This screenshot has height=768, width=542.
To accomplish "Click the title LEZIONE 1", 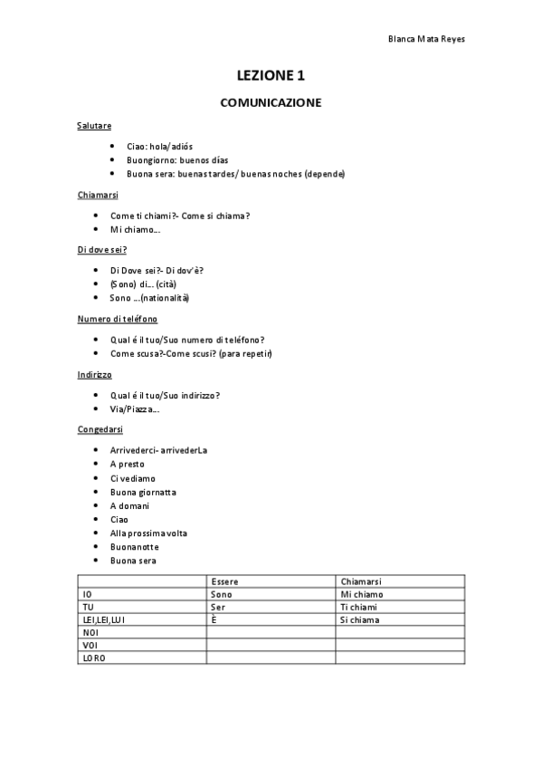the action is point(271,76).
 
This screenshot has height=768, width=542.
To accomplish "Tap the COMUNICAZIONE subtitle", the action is point(271,103).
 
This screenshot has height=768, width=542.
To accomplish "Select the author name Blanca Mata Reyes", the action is point(426,40).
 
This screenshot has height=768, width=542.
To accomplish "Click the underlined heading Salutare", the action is point(94,125).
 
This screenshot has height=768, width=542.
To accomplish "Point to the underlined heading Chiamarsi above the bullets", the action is point(98,195).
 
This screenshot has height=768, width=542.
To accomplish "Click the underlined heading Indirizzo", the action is point(94,373).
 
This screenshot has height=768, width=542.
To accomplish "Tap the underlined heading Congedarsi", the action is point(100,428).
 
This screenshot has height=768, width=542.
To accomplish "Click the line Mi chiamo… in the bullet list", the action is point(135,229).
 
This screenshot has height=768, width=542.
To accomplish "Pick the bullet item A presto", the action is point(127,464).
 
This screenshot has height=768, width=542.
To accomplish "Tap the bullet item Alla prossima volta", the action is point(148,533).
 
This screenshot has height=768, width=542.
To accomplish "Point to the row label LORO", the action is point(93,658).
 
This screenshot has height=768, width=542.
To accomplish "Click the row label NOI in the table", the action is point(90,632).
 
